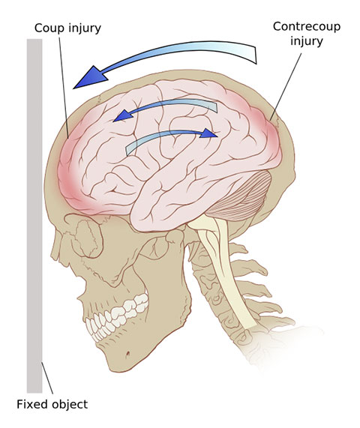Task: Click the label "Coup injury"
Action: click(x=67, y=28)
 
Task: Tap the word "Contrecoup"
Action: click(x=307, y=26)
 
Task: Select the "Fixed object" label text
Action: click(x=52, y=404)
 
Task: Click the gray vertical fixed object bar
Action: click(x=34, y=216)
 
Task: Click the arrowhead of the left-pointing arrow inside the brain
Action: click(x=122, y=115)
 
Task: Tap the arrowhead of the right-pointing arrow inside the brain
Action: click(x=208, y=133)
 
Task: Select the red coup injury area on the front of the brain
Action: click(x=71, y=169)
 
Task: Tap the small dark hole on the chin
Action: click(x=127, y=355)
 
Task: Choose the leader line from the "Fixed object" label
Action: click(x=47, y=378)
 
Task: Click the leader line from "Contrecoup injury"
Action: click(x=286, y=86)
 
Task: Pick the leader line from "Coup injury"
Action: click(x=64, y=88)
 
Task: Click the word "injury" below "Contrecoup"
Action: click(x=307, y=41)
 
